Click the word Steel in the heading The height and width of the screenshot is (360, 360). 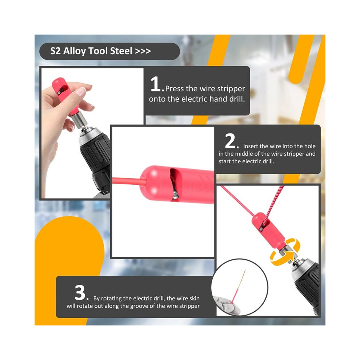pyautogui.click(x=121, y=51)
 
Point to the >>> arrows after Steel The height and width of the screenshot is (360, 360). pyautogui.click(x=143, y=51)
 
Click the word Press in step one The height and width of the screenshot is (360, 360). pyautogui.click(x=175, y=89)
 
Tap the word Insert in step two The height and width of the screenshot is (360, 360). pyautogui.click(x=251, y=146)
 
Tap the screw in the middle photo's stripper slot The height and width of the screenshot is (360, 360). pyautogui.click(x=176, y=195)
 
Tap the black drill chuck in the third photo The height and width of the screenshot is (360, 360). pyautogui.click(x=306, y=287)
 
